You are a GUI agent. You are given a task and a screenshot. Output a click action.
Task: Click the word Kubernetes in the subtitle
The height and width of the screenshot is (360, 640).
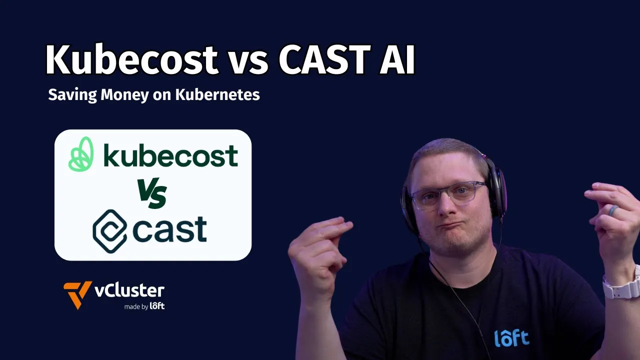click(217, 94)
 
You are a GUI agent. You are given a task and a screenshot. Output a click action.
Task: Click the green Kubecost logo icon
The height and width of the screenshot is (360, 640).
click(81, 154)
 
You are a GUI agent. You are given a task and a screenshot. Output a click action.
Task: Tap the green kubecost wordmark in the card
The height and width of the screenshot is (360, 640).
click(170, 155)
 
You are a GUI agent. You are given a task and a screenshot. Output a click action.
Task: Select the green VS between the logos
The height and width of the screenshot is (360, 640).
click(153, 195)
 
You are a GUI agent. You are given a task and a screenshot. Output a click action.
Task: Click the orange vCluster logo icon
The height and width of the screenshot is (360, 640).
click(77, 294)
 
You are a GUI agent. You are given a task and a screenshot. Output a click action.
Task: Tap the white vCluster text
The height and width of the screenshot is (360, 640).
click(129, 290)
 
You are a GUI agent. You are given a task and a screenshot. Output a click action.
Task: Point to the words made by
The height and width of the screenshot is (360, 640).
click(136, 306)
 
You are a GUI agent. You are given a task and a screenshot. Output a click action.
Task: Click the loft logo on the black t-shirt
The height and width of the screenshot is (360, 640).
click(511, 338)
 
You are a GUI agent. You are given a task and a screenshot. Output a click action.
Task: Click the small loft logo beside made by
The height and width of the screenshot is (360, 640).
click(157, 305)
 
